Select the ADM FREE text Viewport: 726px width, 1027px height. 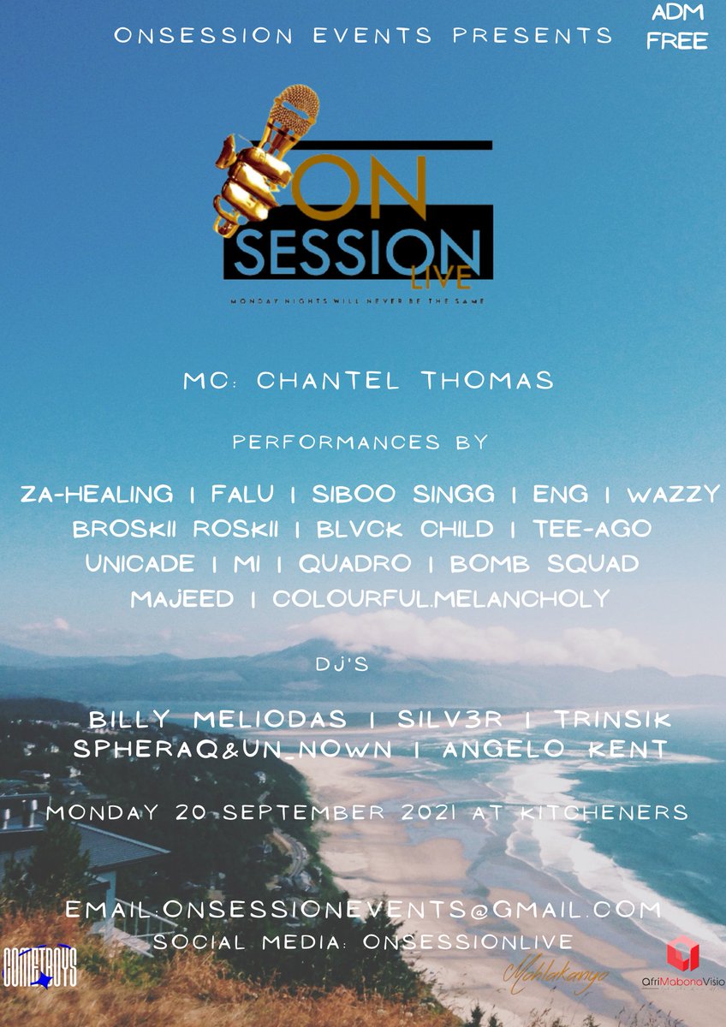(676, 28)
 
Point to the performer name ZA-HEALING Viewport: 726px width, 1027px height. (96, 495)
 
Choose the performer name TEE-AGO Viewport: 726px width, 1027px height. (592, 530)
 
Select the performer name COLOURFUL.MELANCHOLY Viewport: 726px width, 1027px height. (441, 598)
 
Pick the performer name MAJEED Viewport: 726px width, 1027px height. (182, 598)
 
